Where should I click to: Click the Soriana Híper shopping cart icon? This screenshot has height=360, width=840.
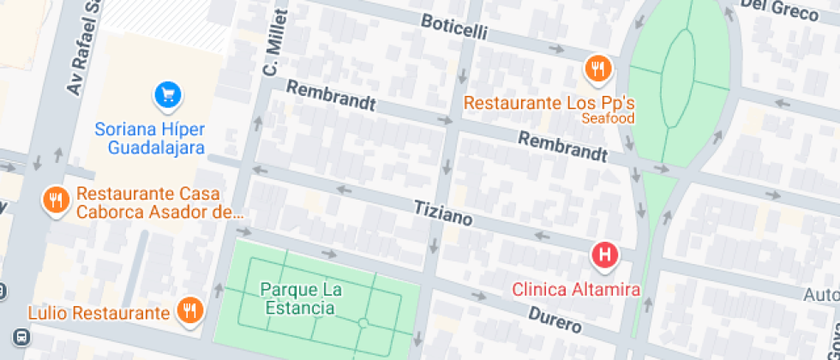[x=168, y=94]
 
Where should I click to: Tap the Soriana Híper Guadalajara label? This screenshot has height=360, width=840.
[x=150, y=138]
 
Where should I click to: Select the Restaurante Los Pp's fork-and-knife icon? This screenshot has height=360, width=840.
[x=597, y=68]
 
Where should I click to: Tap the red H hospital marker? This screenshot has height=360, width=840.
[x=604, y=255]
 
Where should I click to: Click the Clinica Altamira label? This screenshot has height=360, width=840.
[x=576, y=290]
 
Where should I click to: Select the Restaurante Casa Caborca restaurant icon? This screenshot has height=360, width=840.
[x=56, y=201]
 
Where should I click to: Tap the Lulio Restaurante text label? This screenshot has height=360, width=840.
[x=99, y=313]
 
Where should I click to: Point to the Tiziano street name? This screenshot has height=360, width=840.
[x=443, y=213]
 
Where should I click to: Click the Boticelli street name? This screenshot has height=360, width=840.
[x=454, y=27]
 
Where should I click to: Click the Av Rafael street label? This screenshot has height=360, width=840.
[x=85, y=47]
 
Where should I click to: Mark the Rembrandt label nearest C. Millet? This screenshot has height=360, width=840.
[x=331, y=96]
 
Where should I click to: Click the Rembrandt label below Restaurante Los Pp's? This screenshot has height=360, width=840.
[x=563, y=147]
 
